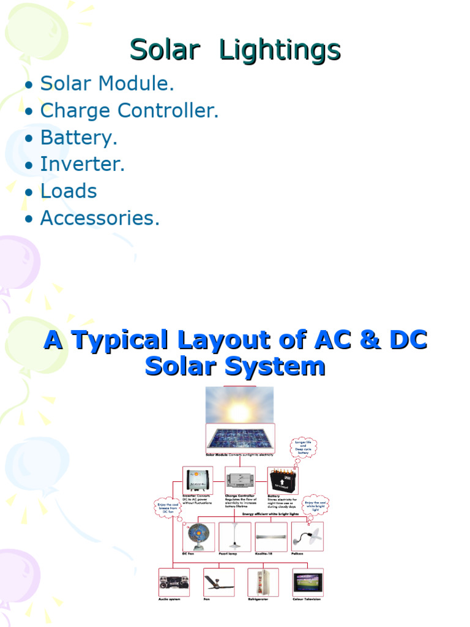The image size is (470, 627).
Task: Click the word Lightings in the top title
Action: tap(279, 50)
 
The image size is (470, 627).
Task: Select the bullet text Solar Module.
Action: tap(107, 84)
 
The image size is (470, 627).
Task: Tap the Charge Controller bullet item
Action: tap(129, 111)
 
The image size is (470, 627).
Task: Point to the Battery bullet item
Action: tap(78, 138)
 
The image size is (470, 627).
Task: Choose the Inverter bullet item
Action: tap(83, 164)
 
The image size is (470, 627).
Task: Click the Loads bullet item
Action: tap(69, 191)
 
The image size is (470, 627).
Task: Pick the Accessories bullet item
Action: tap(100, 218)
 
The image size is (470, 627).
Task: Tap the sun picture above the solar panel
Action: tap(239, 405)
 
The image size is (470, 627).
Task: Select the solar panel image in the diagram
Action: tap(240, 437)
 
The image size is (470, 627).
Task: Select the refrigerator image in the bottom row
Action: tap(263, 582)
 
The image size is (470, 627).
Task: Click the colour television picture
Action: tap(308, 582)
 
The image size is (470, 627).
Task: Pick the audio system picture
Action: tap(174, 582)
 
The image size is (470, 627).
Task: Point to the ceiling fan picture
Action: tap(218, 582)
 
